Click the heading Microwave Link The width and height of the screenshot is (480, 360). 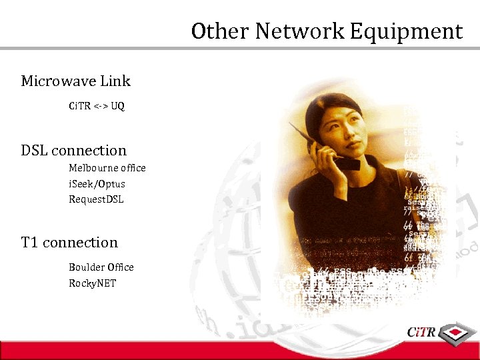(x=75, y=81)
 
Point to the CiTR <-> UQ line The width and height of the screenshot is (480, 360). (x=97, y=106)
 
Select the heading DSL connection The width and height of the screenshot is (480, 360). (x=73, y=151)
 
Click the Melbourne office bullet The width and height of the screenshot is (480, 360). (x=107, y=168)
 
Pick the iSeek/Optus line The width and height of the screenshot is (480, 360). (x=97, y=184)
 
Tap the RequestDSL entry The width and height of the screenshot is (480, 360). (x=96, y=199)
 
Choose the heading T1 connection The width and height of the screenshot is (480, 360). (x=69, y=243)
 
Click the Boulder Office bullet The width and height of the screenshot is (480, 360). (x=101, y=267)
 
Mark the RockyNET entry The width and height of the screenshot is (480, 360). (x=92, y=283)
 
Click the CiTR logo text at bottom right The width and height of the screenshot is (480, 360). (x=422, y=331)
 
